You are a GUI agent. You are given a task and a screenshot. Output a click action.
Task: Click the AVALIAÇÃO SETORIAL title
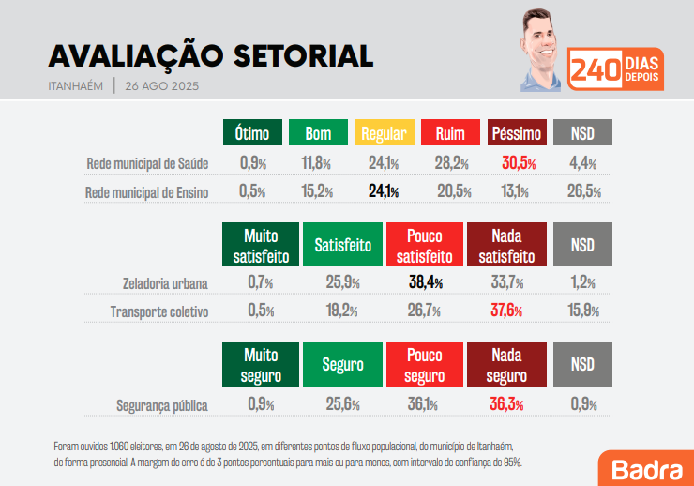coord(210,56)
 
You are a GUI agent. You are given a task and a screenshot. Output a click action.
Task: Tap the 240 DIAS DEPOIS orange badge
coord(616,69)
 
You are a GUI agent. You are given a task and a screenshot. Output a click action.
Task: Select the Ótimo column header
coord(252,133)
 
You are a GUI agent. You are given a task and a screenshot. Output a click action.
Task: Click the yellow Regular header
coord(384,133)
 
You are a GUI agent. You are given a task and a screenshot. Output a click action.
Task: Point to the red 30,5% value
coord(519,163)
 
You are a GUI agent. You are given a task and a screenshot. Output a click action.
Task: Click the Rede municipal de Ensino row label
coord(146,192)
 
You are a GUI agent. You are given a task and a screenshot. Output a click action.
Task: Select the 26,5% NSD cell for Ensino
coord(584,192)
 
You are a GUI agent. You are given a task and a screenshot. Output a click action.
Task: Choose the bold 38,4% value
coord(425,282)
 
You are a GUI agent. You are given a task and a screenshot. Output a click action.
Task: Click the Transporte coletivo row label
coord(158,311)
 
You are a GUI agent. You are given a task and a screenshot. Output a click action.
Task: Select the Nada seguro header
coord(506,367)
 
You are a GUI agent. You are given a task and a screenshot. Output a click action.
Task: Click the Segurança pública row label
coord(161,406)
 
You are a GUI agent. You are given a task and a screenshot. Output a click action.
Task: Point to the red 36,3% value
coord(506,405)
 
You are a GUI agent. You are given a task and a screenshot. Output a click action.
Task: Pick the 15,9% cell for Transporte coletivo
coord(584,311)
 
